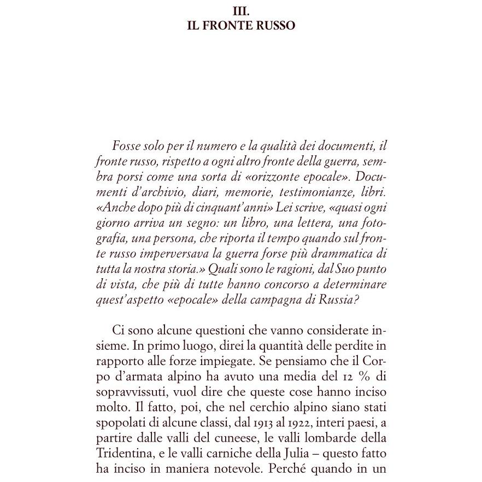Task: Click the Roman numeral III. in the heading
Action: coord(241,11)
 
